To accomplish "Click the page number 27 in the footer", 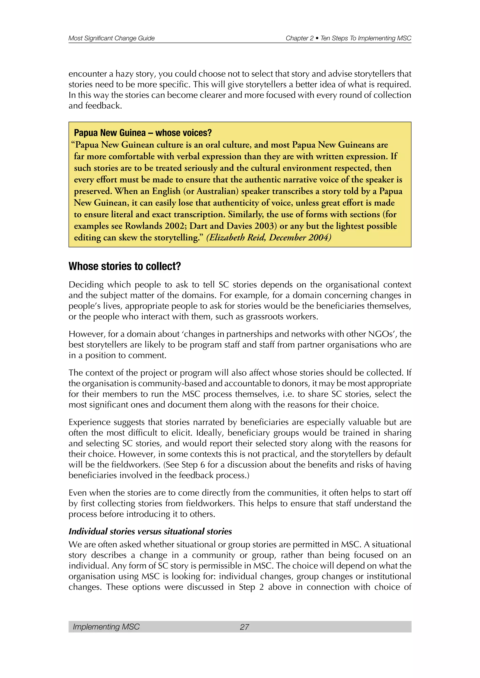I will pyautogui.click(x=244, y=627).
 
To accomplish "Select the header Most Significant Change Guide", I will pyautogui.click(x=111, y=38).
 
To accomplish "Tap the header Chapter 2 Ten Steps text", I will pyautogui.click(x=348, y=38).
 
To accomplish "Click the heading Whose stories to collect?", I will pyautogui.click(x=124, y=266).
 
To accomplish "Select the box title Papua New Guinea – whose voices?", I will pyautogui.click(x=143, y=133).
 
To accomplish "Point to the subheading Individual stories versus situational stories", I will pyautogui.click(x=150, y=531).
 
